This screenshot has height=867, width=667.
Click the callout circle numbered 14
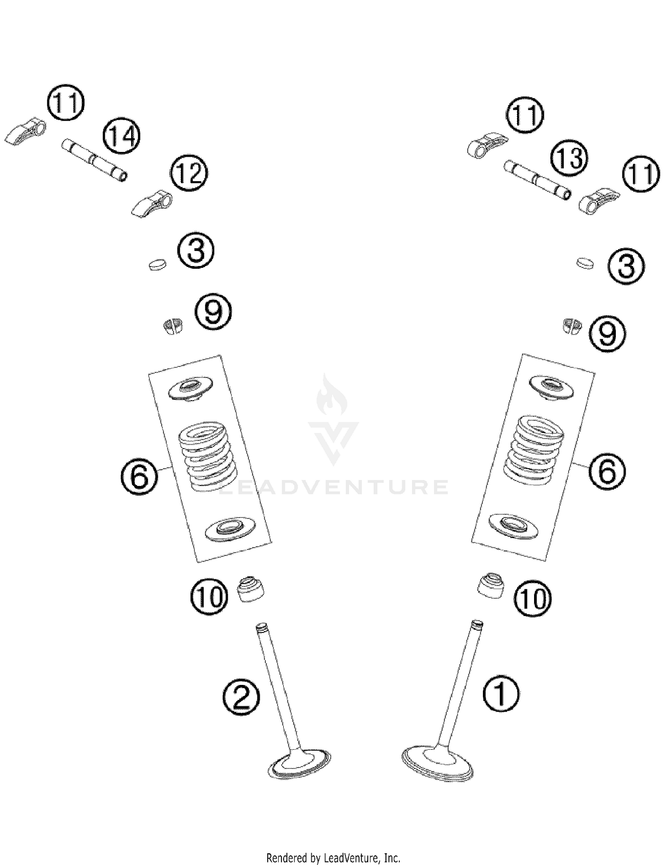click(x=121, y=136)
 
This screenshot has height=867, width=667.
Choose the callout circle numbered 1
click(x=501, y=693)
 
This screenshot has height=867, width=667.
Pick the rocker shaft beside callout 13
click(x=537, y=180)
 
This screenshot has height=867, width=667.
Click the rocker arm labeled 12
click(x=150, y=203)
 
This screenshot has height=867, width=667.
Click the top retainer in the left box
click(x=190, y=389)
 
